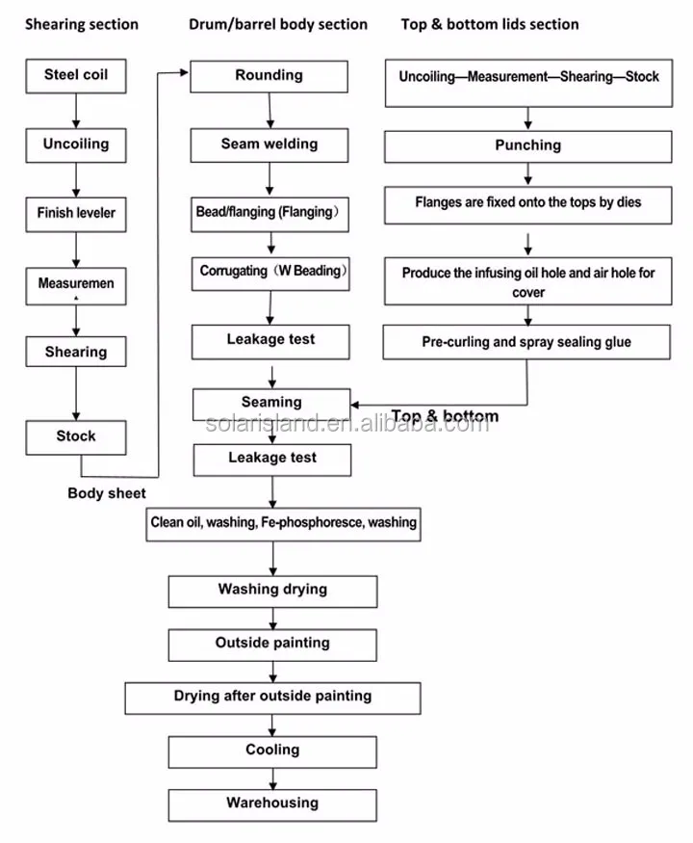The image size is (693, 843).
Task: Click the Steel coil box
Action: pos(76,76)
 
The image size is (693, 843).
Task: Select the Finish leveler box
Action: pos(76,215)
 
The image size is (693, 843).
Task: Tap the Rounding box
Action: pos(269,76)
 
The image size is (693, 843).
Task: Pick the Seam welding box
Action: pos(269,145)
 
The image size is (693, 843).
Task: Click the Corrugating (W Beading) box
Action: pos(270,274)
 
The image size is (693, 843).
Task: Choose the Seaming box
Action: pos(271,405)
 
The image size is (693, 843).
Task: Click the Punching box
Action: pos(527,146)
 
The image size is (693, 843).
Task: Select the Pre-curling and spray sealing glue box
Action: pos(526,342)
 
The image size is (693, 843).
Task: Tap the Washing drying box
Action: pos(272,592)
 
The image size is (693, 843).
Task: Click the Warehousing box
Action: pos(272,805)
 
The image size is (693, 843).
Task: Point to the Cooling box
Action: pos(272,752)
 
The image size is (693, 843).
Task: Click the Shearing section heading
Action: pos(82,24)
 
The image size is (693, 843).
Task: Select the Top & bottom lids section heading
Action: pos(490,24)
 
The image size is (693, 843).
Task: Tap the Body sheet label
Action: pos(107,493)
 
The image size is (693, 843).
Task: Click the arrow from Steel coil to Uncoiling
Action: pos(76,111)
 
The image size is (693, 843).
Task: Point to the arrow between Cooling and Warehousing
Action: pos(272,778)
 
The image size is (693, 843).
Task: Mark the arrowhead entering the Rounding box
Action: pos(184,72)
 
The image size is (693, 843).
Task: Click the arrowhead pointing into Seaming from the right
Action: pos(355,405)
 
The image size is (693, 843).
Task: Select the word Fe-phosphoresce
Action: pos(312,522)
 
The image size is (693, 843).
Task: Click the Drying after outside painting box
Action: pos(272,698)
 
